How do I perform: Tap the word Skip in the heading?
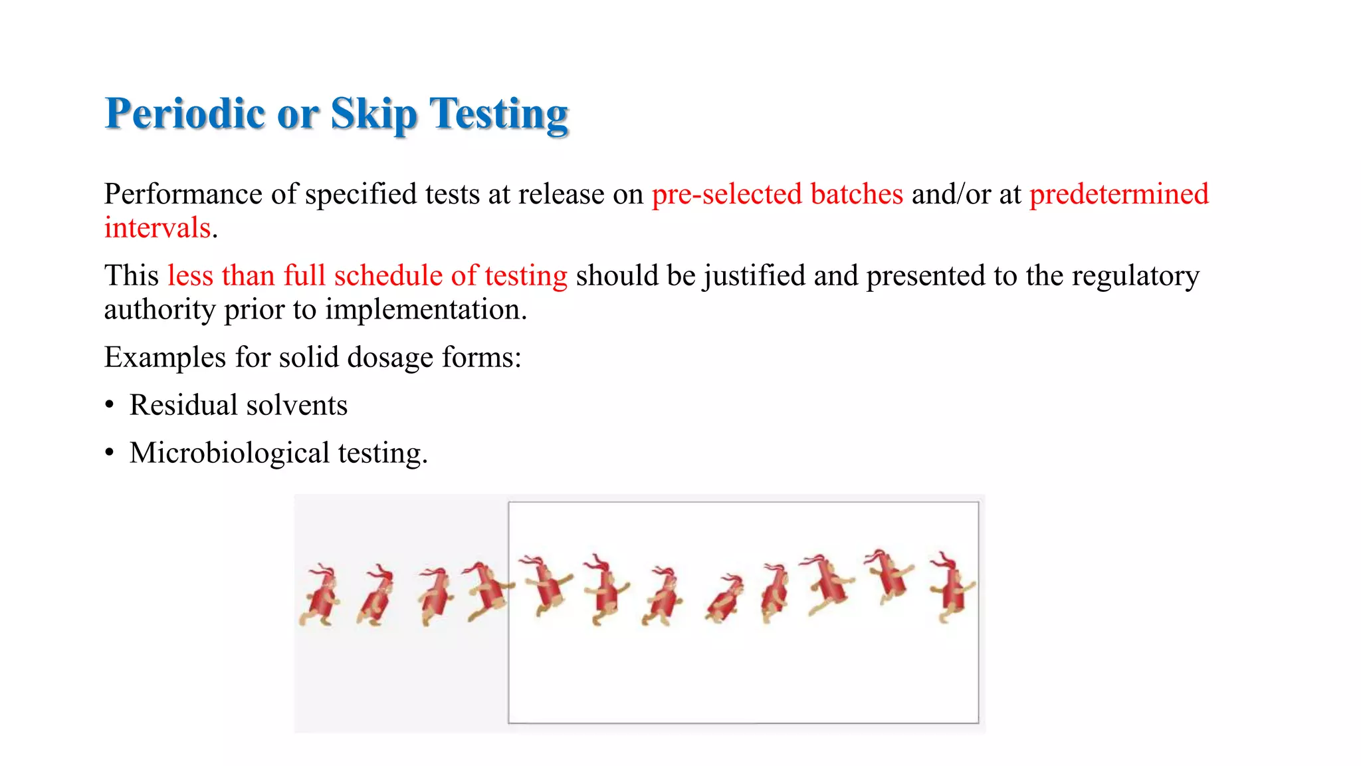point(373,114)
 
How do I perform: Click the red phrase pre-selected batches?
point(777,194)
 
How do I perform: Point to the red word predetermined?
point(1118,194)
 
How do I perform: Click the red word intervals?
point(157,228)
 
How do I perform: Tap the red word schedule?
point(388,275)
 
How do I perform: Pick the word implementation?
point(425,310)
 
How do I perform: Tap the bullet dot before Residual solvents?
point(110,406)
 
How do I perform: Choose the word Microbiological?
point(229,453)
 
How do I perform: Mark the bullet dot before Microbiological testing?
point(110,453)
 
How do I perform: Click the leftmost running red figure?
point(321,595)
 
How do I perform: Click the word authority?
point(159,310)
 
